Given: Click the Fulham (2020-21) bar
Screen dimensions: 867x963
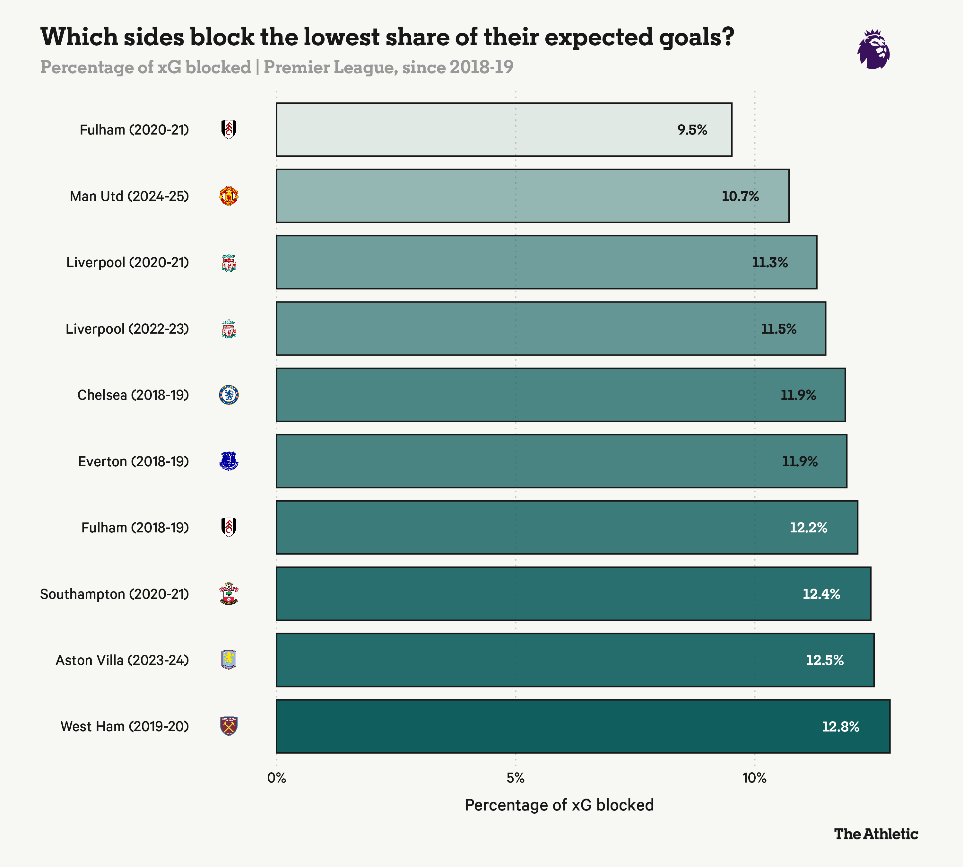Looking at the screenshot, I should (504, 130).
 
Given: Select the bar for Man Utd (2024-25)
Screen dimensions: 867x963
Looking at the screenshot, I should (533, 196).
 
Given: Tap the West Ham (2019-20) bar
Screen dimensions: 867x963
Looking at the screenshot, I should (583, 726).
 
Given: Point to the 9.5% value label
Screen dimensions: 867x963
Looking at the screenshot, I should (692, 130).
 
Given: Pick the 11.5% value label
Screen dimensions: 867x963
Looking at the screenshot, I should (778, 329).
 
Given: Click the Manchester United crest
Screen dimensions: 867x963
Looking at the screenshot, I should (229, 196).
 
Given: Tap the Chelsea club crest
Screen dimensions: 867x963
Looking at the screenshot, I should (229, 395).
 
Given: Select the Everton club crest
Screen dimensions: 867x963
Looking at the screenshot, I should (229, 461).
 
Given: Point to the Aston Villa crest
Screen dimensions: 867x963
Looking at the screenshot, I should (229, 660).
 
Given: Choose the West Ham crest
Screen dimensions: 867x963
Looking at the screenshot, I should (229, 726).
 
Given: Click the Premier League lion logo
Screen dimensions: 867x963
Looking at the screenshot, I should (873, 49).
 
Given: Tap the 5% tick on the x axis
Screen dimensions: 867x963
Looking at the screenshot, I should (515, 778).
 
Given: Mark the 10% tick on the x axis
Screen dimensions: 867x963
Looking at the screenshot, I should (754, 778).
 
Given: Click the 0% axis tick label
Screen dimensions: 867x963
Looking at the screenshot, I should (276, 778).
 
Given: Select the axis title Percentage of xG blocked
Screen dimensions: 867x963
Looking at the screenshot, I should (559, 805).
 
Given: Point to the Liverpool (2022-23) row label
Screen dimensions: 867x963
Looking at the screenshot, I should (127, 329).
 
